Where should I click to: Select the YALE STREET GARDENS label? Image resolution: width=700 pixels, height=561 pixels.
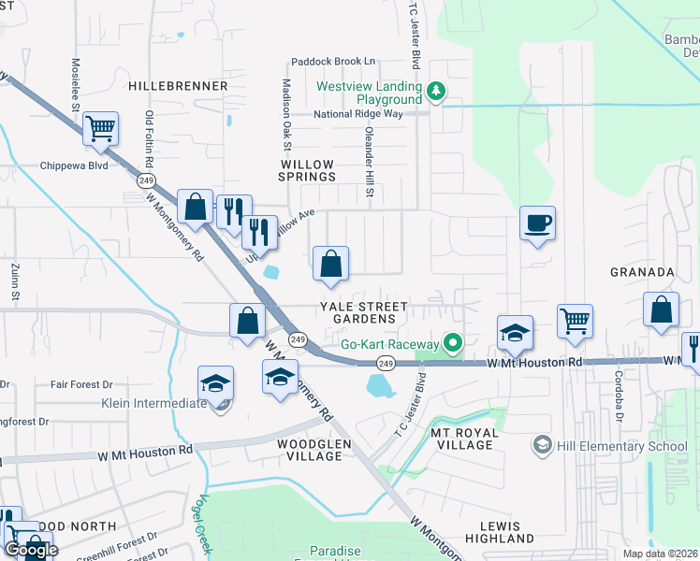pyautogui.click(x=364, y=312)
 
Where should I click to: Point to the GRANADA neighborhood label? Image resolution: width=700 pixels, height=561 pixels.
pyautogui.click(x=643, y=272)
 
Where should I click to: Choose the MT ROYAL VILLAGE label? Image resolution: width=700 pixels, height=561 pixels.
pyautogui.click(x=461, y=439)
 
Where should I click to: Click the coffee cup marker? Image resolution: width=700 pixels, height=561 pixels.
pyautogui.click(x=538, y=223)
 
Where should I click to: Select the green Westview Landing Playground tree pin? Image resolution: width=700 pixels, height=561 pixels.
pyautogui.click(x=435, y=91)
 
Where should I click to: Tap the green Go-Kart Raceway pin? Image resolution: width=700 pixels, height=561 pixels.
pyautogui.click(x=453, y=343)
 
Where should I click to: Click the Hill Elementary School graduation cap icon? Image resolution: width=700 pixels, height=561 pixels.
pyautogui.click(x=542, y=446)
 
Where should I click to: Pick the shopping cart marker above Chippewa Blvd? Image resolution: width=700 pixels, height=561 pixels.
pyautogui.click(x=100, y=128)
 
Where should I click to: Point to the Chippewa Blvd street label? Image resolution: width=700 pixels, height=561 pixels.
pyautogui.click(x=74, y=165)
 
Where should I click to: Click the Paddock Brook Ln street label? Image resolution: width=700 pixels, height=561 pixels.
pyautogui.click(x=333, y=61)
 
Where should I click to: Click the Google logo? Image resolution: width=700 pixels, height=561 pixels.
pyautogui.click(x=32, y=550)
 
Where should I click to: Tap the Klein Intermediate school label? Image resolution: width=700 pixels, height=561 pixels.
pyautogui.click(x=154, y=404)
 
